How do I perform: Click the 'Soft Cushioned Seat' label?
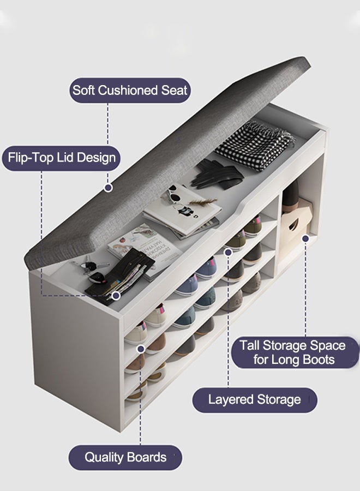point(130,90)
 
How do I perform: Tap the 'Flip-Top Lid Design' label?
point(61,158)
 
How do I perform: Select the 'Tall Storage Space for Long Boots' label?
point(295,352)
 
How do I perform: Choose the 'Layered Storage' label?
point(255,399)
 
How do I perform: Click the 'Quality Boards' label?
point(125,457)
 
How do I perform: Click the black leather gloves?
point(217,174)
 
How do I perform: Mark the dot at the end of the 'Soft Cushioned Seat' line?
point(109,188)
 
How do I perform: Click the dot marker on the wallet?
point(116,296)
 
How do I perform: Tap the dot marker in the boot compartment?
point(305,238)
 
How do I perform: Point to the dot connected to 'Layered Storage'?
point(228,252)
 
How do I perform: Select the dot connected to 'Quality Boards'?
point(141,349)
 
